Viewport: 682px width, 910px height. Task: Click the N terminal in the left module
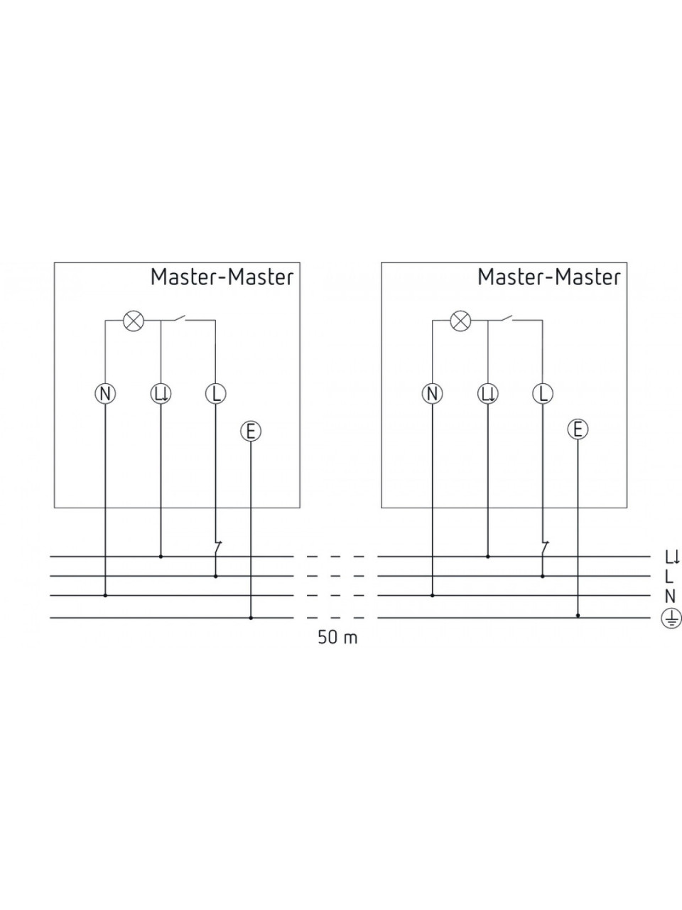[105, 393]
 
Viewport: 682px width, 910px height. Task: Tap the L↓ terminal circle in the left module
[161, 393]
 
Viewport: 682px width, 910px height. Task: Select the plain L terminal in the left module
[216, 393]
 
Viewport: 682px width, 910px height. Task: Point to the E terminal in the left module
[251, 432]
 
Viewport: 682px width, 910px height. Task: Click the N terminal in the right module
[433, 393]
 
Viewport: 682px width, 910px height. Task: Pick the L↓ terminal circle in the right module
[488, 393]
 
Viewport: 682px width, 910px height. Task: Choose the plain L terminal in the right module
[543, 393]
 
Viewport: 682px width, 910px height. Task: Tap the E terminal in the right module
[578, 429]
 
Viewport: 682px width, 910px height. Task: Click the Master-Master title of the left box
[222, 277]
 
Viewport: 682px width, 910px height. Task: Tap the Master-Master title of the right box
[549, 277]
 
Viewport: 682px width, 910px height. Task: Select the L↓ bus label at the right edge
[672, 557]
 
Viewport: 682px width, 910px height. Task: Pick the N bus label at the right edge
[671, 596]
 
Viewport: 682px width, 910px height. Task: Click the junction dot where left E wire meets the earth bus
[251, 618]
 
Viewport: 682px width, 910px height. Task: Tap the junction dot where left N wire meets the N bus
[105, 595]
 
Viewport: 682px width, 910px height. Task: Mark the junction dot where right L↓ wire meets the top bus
[488, 557]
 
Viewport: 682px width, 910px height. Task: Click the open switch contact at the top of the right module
[506, 318]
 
